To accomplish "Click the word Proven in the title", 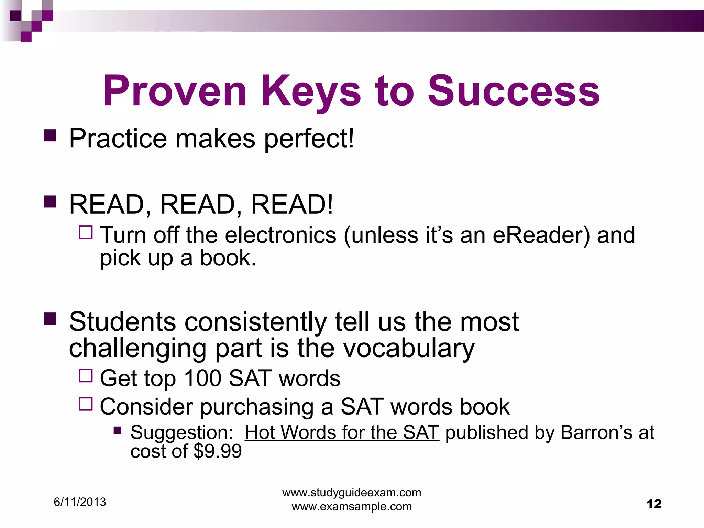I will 175,91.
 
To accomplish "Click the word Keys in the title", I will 311,91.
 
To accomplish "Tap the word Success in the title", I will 514,91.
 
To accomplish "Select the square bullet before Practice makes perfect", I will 50,135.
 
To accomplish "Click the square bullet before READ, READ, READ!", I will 50,202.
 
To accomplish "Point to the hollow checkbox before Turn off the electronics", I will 86,232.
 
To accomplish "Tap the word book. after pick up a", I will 228,258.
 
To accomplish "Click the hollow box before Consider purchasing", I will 86,404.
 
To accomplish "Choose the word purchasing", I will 256,407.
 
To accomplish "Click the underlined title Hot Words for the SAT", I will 342,432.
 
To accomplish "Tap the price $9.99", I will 218,451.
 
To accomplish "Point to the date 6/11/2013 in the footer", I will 80,502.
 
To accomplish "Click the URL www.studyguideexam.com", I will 352,493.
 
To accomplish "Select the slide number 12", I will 654,504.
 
